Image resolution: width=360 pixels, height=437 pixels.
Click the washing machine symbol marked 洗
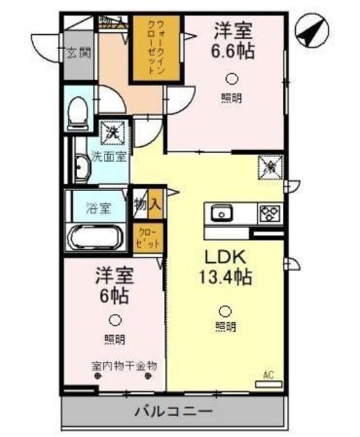(111, 131)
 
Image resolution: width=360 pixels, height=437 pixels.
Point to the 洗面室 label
(109, 156)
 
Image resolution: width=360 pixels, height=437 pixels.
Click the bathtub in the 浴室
(94, 238)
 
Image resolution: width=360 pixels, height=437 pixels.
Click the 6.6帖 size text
(234, 50)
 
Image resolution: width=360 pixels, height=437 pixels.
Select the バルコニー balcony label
(172, 412)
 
